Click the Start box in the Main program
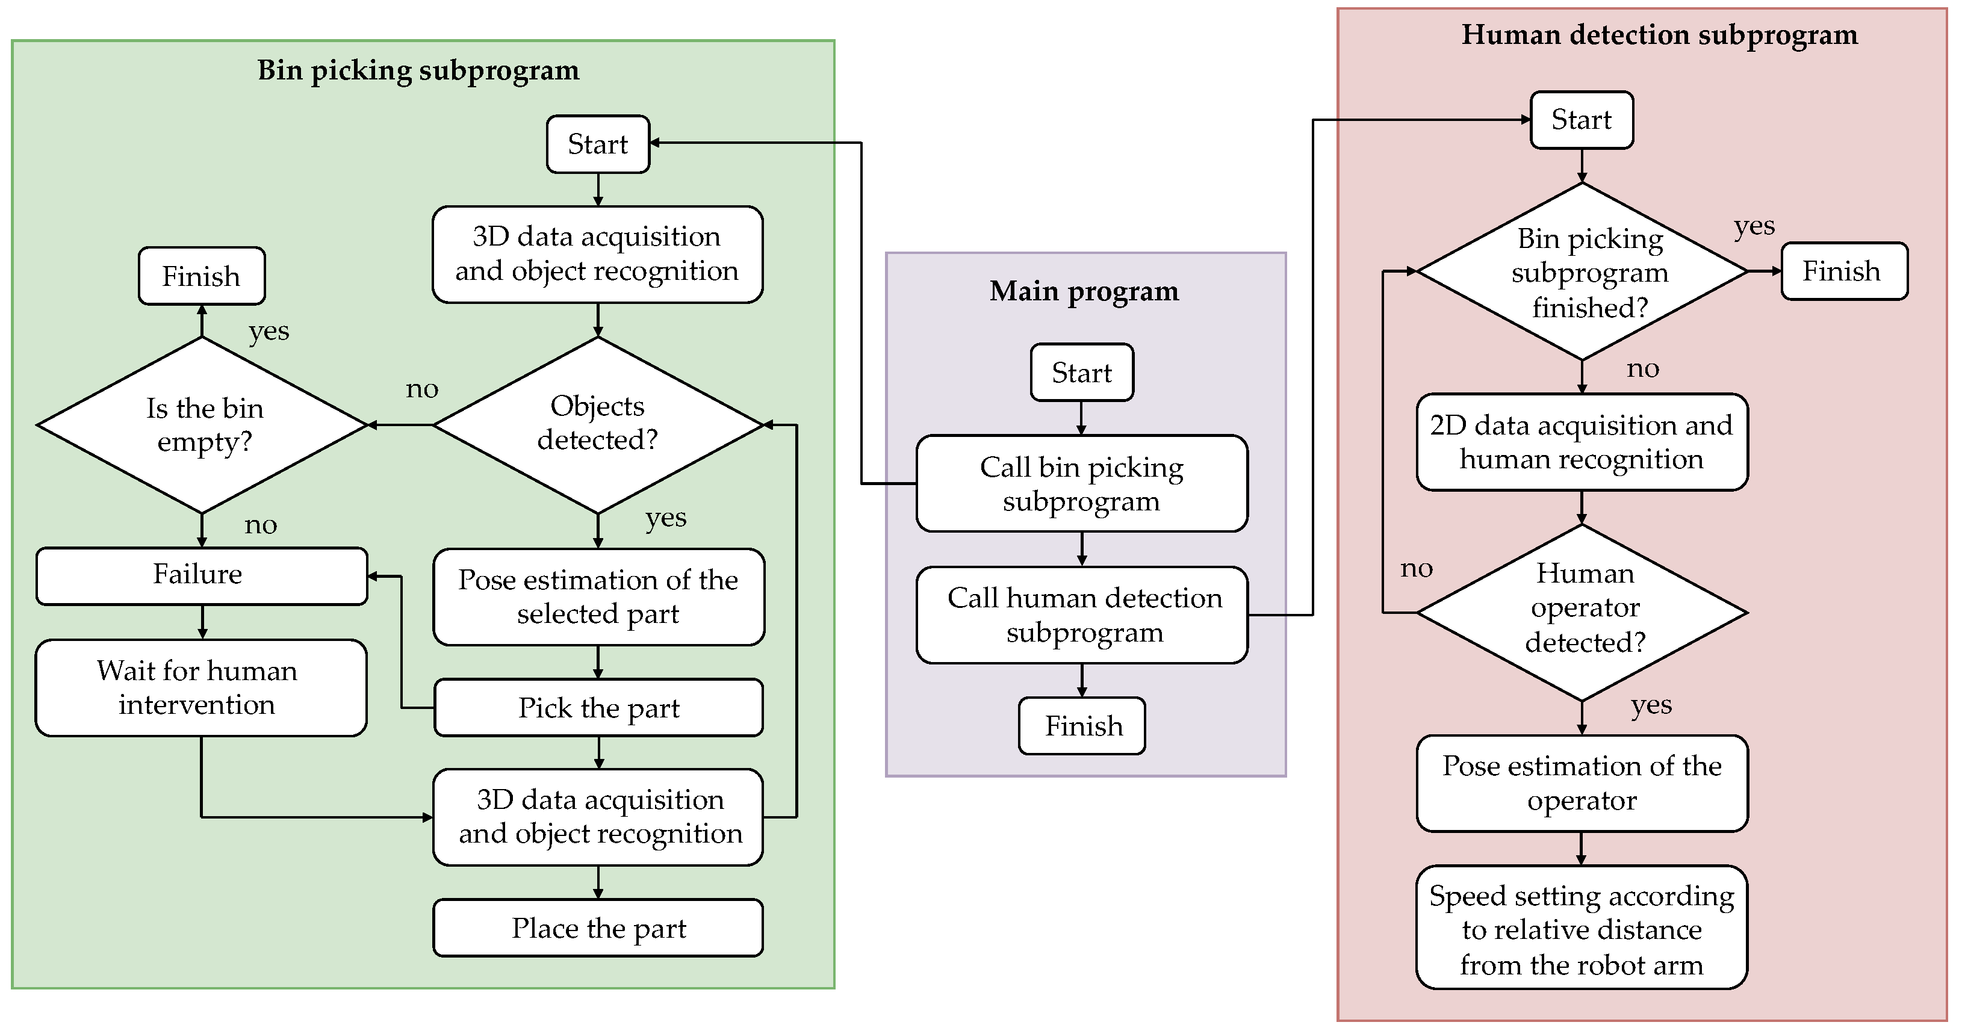click(1081, 373)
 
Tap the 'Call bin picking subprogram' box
click(1081, 483)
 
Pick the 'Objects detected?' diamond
click(598, 424)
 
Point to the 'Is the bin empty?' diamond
click(203, 425)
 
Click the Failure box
click(201, 575)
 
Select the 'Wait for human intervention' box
click(201, 687)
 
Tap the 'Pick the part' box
click(598, 707)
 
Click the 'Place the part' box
click(598, 927)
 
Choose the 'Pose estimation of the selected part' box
click(598, 597)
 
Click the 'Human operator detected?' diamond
click(1582, 611)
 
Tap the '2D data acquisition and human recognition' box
click(1582, 442)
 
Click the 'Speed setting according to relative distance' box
click(1582, 927)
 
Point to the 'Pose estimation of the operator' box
click(1582, 783)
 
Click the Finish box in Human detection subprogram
click(1844, 271)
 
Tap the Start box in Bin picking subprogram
click(598, 144)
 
